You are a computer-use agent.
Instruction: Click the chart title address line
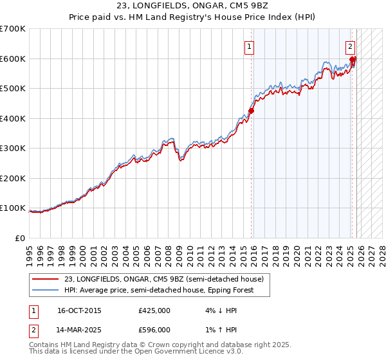(x=192, y=6)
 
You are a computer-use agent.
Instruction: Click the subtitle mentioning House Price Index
(x=192, y=17)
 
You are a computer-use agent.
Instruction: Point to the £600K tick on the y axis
(x=13, y=59)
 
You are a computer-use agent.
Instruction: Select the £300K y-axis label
(x=13, y=148)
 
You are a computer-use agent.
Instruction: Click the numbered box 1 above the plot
(x=249, y=46)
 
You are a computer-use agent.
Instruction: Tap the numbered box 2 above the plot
(x=350, y=46)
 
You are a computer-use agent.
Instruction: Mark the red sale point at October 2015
(x=252, y=111)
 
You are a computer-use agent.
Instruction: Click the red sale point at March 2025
(x=353, y=60)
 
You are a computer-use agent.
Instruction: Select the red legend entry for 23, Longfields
(x=163, y=279)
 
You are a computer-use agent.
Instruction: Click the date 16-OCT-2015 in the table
(x=79, y=310)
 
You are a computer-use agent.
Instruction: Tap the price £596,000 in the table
(x=154, y=329)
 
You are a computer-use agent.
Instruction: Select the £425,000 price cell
(x=154, y=310)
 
